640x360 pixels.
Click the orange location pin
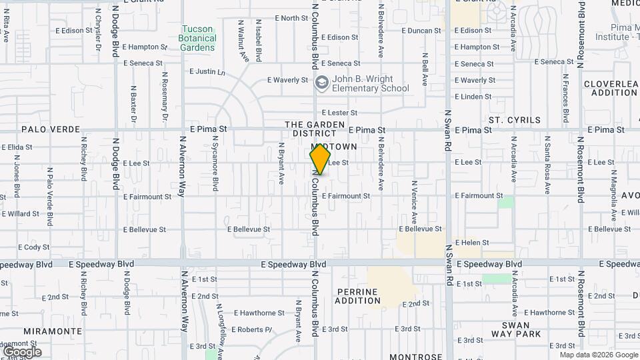(321, 159)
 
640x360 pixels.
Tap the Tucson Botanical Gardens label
(197, 39)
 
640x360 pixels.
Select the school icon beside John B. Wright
(322, 83)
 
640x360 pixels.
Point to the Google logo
(22, 351)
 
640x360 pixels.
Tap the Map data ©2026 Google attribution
(599, 355)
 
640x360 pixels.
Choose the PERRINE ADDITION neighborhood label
(357, 297)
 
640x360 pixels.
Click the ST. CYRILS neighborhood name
(515, 120)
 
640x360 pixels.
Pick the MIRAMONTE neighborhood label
(53, 331)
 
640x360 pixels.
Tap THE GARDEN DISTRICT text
(315, 129)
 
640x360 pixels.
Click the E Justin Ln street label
(207, 71)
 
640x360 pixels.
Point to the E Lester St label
(339, 113)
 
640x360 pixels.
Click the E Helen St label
(472, 243)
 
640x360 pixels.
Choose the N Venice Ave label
(415, 201)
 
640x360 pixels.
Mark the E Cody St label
(34, 247)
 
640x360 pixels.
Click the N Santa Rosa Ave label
(547, 165)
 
